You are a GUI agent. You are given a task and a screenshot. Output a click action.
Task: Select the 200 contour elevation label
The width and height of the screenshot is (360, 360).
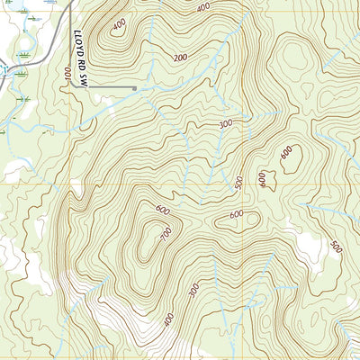pos(181,57)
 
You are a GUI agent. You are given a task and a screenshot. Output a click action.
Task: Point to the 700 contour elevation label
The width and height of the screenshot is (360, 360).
pos(166,233)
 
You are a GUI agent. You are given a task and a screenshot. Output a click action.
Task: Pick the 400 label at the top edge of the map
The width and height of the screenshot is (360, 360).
pos(203,7)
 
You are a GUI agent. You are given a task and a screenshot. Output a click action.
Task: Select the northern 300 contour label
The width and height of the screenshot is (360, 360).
pos(225,122)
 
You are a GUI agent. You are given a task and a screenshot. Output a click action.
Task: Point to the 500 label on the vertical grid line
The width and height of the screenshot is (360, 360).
pos(239,183)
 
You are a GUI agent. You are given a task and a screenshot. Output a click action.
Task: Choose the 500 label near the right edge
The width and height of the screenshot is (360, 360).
pos(336,247)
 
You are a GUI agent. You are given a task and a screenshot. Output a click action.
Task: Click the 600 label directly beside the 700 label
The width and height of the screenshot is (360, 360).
pos(162,211)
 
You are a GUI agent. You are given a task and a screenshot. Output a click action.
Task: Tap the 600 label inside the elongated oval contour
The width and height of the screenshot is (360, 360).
pos(237,214)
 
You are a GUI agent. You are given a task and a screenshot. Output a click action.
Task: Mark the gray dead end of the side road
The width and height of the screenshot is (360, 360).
pos(135,88)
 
